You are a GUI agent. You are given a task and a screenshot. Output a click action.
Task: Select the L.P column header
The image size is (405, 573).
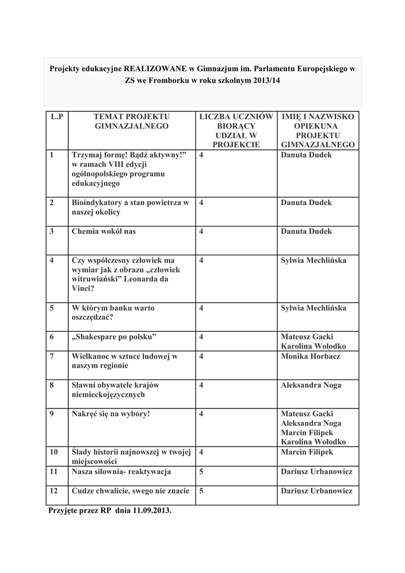click(56, 116)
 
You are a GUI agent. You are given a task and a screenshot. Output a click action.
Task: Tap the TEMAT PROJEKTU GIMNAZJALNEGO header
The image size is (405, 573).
click(131, 121)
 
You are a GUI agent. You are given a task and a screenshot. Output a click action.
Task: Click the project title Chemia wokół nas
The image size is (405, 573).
click(103, 231)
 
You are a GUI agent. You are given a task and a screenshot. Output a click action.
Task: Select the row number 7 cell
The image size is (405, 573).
click(52, 356)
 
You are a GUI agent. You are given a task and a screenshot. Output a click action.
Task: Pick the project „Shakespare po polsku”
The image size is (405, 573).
click(114, 337)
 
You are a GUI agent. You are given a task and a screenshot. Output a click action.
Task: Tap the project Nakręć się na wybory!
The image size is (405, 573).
click(111, 414)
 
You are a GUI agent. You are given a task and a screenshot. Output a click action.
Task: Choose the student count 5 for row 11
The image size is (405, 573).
click(201, 472)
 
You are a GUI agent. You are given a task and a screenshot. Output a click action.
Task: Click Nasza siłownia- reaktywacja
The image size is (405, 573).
click(121, 472)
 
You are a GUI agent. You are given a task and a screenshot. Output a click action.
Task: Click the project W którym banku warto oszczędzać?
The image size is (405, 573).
click(113, 312)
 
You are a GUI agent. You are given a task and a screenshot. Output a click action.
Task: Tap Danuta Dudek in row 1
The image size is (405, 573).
click(306, 154)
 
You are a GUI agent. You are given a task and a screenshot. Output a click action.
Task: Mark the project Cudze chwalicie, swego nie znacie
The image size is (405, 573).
click(130, 491)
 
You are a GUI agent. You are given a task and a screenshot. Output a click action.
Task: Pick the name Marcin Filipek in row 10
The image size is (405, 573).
click(307, 452)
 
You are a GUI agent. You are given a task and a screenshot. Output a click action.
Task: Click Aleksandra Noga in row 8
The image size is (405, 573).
click(311, 385)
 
